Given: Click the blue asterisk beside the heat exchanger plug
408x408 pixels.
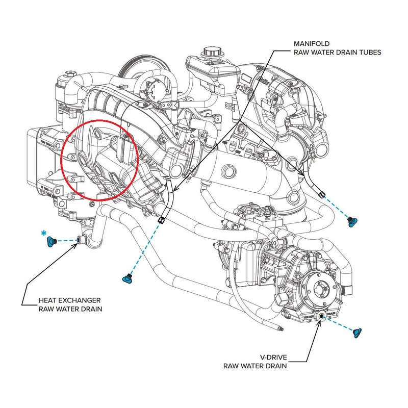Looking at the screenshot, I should (44, 234).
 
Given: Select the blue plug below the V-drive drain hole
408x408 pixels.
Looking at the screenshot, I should (357, 333).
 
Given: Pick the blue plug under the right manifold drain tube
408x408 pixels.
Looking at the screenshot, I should (351, 220).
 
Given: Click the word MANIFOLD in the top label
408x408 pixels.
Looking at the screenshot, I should (309, 43).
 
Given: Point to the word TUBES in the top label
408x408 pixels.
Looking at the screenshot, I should (368, 52).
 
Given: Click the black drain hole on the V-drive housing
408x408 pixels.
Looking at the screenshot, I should (322, 317).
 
